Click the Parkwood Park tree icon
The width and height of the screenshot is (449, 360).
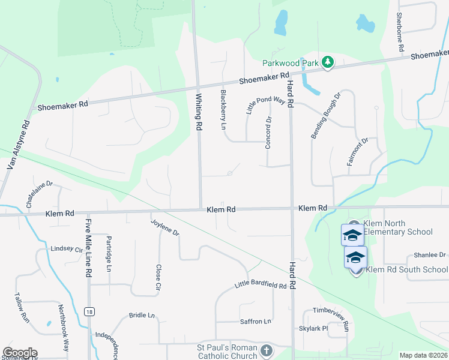pyautogui.click(x=327, y=62)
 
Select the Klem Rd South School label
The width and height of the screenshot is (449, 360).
pyautogui.click(x=406, y=269)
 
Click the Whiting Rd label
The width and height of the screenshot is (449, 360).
pyautogui.click(x=198, y=111)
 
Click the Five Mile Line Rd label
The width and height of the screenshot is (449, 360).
pyautogui.click(x=88, y=247)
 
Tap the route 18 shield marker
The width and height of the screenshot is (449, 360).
pyautogui.click(x=89, y=311)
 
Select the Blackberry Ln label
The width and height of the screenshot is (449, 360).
pyautogui.click(x=223, y=109)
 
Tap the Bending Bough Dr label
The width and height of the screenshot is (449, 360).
pyautogui.click(x=325, y=116)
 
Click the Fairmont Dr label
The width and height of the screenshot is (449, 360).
pyautogui.click(x=357, y=154)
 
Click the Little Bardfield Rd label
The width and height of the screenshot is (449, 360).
pyautogui.click(x=260, y=286)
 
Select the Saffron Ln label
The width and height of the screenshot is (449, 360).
pyautogui.click(x=255, y=322)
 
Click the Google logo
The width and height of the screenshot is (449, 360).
pyautogui.click(x=20, y=353)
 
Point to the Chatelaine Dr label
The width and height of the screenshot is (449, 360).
pyautogui.click(x=40, y=196)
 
